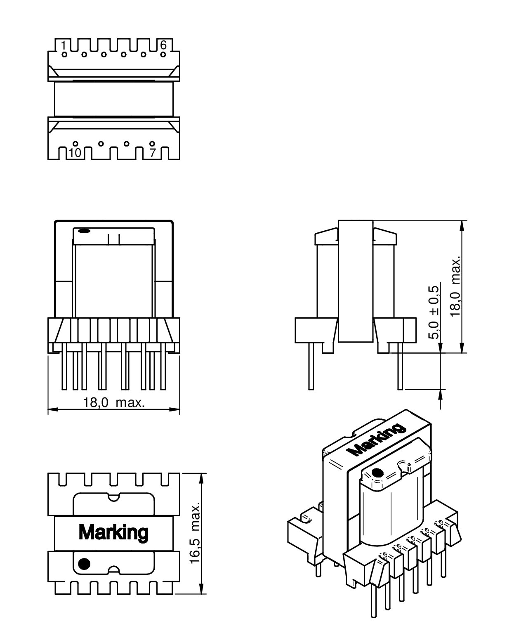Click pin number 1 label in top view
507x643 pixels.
[x=64, y=45]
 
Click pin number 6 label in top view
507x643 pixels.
[x=163, y=45]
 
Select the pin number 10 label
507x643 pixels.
[x=75, y=153]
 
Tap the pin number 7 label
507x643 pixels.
[x=152, y=153]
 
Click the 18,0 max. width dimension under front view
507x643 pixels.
[x=114, y=402]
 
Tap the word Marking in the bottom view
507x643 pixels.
[x=113, y=532]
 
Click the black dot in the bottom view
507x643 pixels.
[x=84, y=563]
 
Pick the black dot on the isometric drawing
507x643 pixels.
[x=376, y=473]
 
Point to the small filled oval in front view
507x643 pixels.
[x=83, y=231]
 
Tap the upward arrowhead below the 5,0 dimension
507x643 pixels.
[x=441, y=394]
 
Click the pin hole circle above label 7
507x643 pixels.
[x=152, y=144]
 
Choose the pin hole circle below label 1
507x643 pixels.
[x=64, y=54]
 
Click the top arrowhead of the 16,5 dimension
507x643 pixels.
[x=201, y=478]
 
